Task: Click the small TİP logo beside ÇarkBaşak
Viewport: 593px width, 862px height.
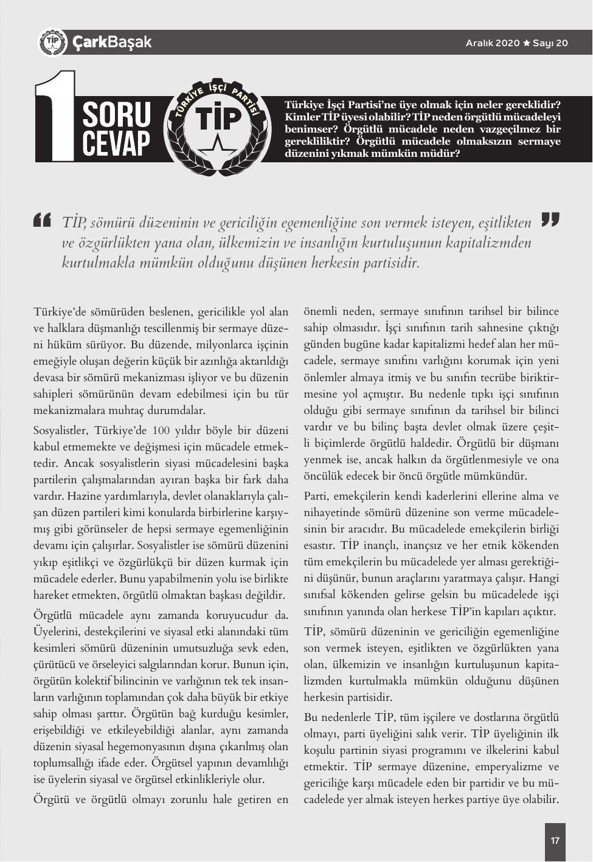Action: tap(53, 42)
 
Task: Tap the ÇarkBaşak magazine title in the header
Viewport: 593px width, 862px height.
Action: tap(111, 42)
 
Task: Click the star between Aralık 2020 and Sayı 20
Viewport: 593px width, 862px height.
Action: tap(527, 43)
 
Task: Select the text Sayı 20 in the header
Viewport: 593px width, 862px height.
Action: tap(550, 43)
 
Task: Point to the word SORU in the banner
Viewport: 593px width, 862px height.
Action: tap(116, 114)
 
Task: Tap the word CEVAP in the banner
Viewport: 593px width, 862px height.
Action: tap(116, 143)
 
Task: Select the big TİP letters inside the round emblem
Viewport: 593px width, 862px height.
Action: tap(218, 118)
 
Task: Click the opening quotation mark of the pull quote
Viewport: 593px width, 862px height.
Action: tap(43, 220)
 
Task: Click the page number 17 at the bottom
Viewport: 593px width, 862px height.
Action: tap(555, 841)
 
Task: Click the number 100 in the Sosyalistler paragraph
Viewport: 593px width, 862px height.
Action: tap(161, 431)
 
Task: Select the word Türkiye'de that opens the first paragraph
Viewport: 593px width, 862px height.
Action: tap(60, 312)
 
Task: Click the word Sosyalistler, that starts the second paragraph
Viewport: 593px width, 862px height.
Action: tap(61, 431)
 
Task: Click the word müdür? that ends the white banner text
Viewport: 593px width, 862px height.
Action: tap(444, 154)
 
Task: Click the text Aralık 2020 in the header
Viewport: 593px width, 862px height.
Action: tap(493, 43)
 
